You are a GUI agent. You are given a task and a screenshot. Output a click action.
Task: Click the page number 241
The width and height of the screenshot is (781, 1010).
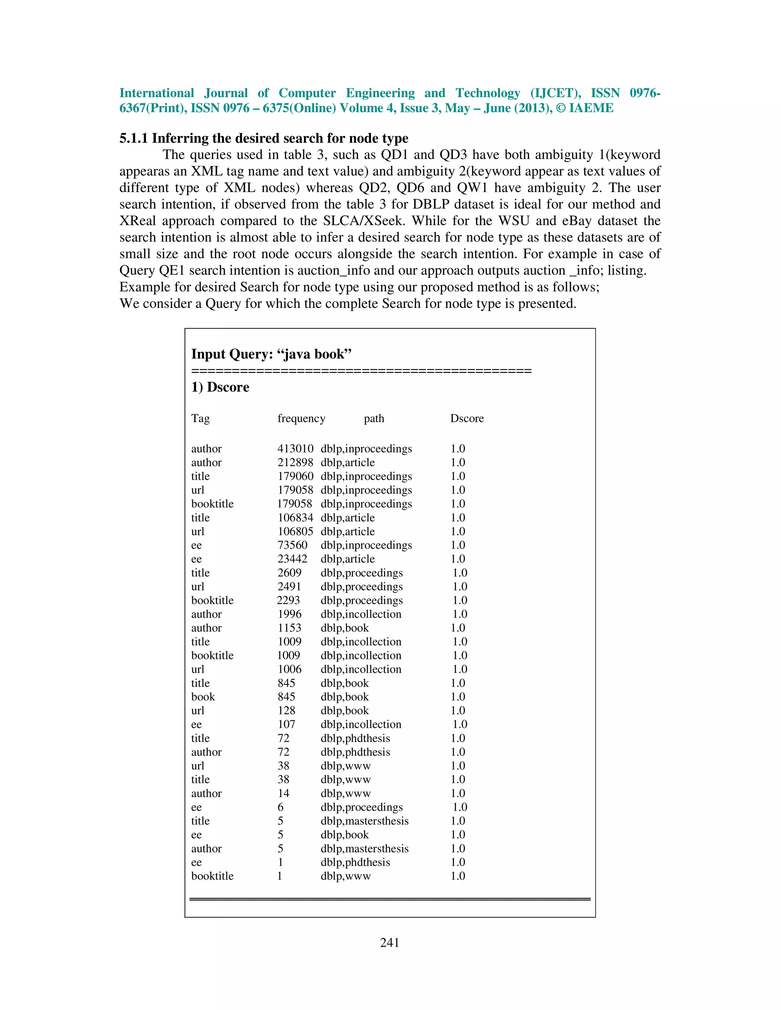coord(390,943)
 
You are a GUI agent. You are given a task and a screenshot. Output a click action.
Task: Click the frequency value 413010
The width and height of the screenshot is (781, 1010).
coord(295,449)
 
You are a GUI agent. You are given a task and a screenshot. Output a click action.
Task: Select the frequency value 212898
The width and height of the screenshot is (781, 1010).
coord(295,462)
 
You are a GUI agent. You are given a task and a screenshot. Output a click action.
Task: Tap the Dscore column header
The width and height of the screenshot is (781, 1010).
coord(467,418)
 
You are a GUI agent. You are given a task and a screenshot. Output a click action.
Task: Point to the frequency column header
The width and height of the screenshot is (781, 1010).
coord(301,418)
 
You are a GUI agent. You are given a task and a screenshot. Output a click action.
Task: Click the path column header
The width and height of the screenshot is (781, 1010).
coord(374,418)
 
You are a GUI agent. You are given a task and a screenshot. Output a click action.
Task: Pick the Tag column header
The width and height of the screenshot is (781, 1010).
coord(200,418)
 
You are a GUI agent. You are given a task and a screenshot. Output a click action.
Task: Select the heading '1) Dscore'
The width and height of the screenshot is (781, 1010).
coord(220,387)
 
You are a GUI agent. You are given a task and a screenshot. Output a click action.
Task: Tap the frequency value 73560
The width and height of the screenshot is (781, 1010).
coord(292,545)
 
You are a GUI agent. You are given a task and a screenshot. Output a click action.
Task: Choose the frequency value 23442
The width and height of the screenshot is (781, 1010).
coord(292,559)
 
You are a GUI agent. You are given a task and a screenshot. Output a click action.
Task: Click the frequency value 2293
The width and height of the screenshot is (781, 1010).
coord(289,600)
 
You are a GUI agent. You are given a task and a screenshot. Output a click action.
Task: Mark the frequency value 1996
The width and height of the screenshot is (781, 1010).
coord(290,614)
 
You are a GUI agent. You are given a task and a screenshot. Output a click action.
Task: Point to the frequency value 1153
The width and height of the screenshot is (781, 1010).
coord(290,628)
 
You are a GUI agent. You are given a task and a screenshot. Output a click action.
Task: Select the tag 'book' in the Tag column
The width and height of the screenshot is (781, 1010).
coord(203,697)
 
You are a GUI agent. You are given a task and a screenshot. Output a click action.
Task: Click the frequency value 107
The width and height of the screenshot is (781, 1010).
coord(286,724)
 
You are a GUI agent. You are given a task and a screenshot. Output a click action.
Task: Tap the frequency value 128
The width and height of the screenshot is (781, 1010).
coord(286,710)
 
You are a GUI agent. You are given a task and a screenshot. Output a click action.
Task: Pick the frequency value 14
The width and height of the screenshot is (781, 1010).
coord(284,793)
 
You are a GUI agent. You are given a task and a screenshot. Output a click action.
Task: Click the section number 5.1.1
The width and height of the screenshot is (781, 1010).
coord(133,138)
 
